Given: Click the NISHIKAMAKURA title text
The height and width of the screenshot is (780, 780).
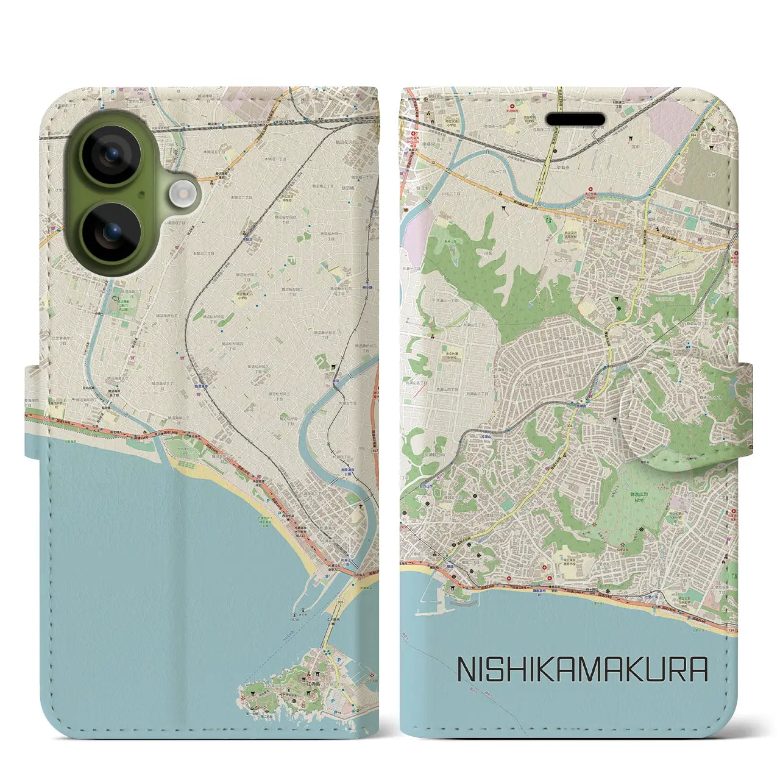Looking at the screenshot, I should (x=582, y=669).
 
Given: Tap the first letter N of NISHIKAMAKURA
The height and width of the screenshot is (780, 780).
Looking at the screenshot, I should (x=466, y=669).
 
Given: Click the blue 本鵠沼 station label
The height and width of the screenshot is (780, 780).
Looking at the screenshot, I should (x=248, y=240).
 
